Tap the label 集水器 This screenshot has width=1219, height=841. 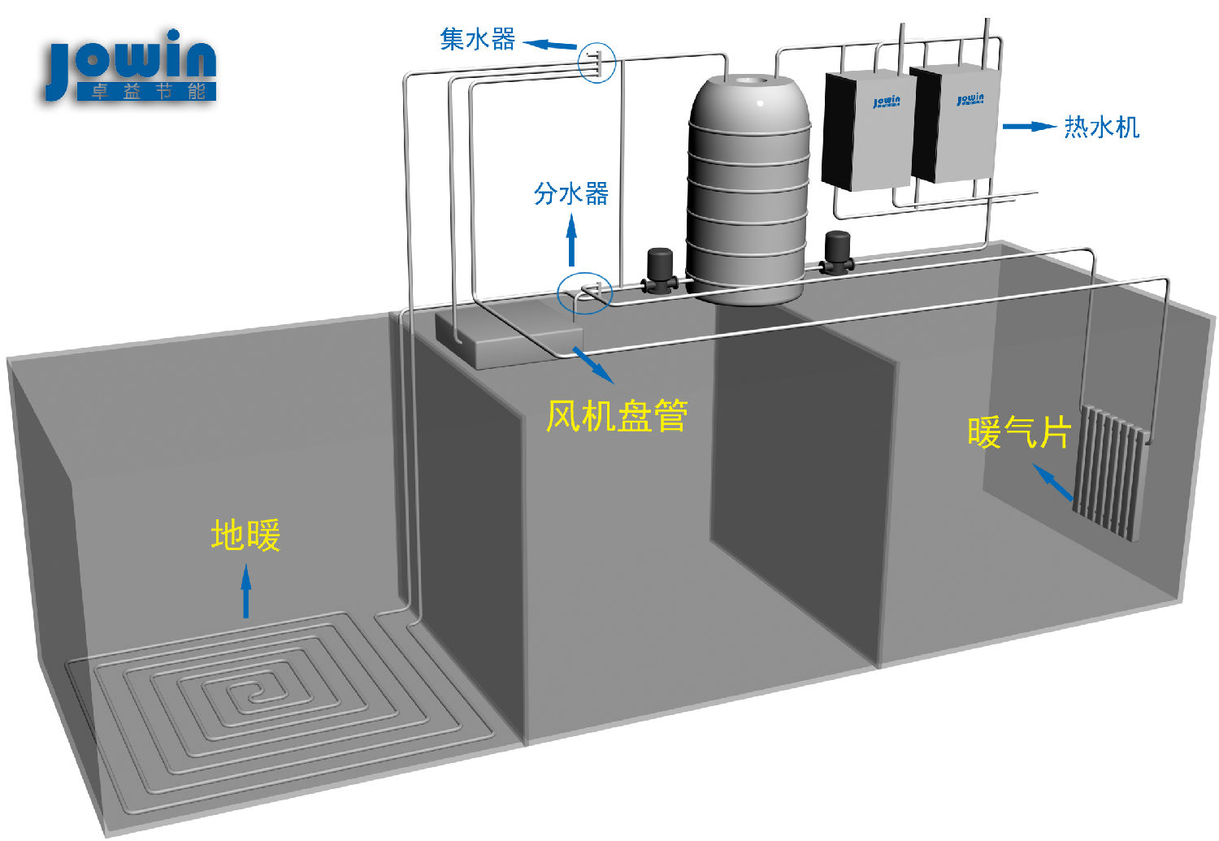point(477,38)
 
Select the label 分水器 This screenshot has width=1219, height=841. point(570,193)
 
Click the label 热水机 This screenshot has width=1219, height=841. point(1101,127)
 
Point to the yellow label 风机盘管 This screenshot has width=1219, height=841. point(617,416)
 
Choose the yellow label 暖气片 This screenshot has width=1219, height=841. point(1018,432)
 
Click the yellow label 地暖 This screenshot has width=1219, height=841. point(245,536)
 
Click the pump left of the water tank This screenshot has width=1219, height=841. point(659,271)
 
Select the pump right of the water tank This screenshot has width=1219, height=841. point(835,253)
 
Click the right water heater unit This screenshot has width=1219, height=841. point(955,124)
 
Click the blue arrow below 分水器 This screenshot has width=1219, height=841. point(571,239)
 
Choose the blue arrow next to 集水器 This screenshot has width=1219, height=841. point(549,45)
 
